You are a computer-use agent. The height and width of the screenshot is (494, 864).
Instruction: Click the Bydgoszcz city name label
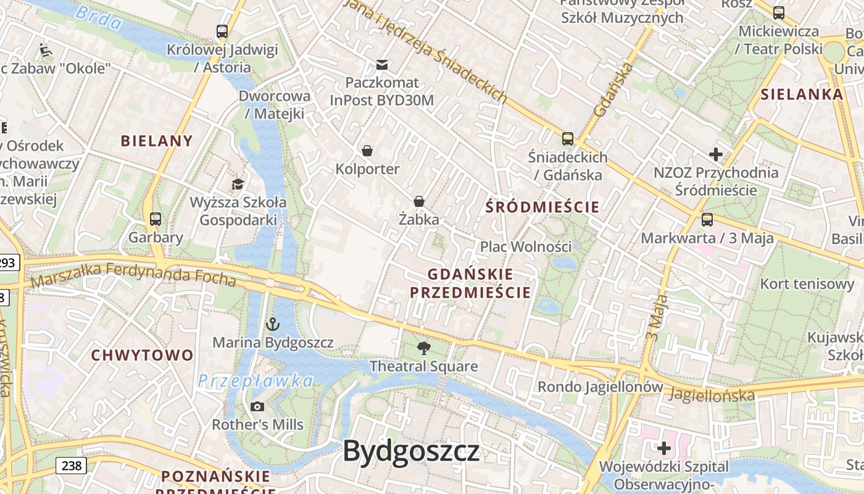click(x=411, y=451)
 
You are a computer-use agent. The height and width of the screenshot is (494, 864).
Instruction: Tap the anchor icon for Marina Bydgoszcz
click(x=272, y=324)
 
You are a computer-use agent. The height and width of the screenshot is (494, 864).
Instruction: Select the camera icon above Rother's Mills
click(x=257, y=406)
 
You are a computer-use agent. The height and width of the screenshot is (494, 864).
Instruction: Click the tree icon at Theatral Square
click(x=423, y=348)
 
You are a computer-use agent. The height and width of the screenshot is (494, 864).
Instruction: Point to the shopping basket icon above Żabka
click(x=419, y=201)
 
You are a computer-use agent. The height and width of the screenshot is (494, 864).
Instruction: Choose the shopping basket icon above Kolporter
click(x=367, y=151)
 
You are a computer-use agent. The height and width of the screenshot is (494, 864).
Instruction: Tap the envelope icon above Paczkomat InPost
click(x=382, y=64)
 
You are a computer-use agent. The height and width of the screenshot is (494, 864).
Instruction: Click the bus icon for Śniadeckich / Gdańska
click(x=568, y=139)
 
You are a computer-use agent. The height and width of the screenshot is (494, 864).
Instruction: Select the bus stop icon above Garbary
click(x=156, y=219)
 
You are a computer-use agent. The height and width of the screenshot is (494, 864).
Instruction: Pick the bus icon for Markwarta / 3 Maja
click(x=707, y=219)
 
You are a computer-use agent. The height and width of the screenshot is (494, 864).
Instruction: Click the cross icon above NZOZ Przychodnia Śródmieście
click(x=716, y=154)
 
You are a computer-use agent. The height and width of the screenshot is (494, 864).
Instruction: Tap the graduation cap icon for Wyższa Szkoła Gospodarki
click(x=238, y=184)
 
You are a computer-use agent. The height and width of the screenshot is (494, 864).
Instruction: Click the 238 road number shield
click(x=72, y=465)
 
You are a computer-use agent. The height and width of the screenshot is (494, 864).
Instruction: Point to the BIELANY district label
click(x=157, y=141)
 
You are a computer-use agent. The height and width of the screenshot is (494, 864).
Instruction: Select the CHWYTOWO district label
click(x=143, y=355)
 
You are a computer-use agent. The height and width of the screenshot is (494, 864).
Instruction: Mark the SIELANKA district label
click(x=802, y=94)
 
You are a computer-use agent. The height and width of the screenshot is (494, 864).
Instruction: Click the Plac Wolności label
click(x=526, y=246)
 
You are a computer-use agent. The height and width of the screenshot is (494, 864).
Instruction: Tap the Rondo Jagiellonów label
click(x=600, y=387)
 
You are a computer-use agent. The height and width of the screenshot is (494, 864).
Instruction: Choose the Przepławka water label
click(x=255, y=381)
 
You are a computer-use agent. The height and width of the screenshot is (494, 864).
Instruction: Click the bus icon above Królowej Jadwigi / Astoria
click(x=222, y=31)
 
